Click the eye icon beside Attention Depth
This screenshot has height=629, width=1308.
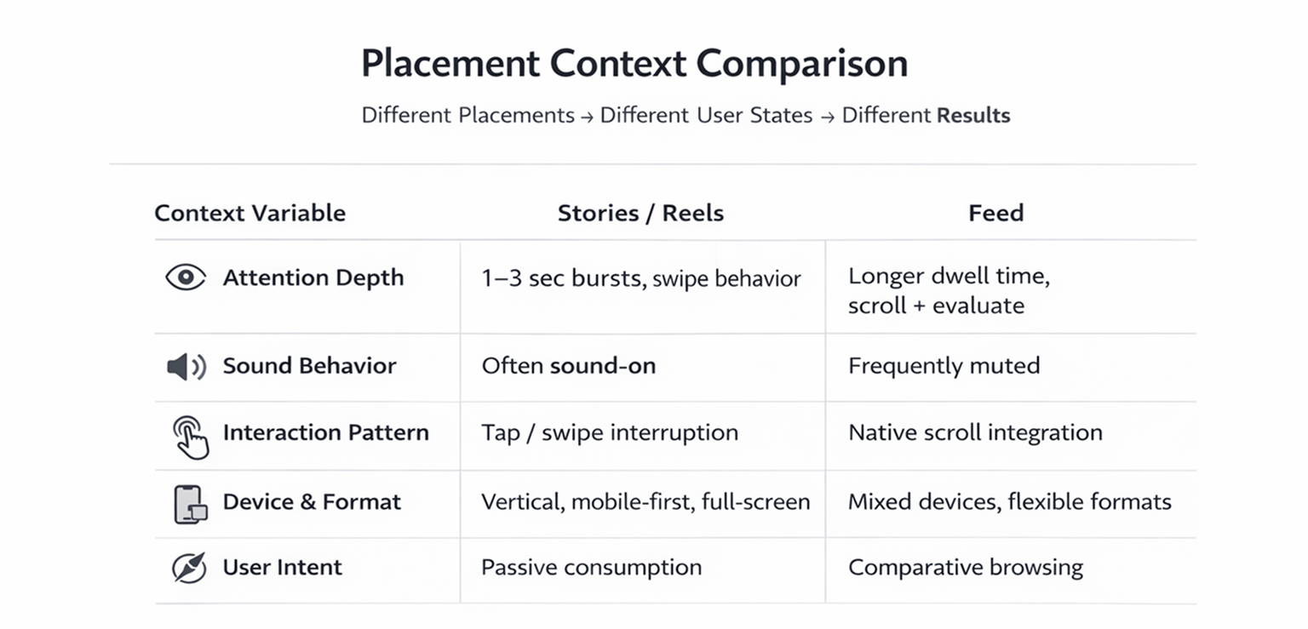[186, 277]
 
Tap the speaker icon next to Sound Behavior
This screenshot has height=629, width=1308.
[186, 367]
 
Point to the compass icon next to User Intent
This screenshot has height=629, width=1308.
[189, 568]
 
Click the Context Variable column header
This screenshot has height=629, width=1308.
[250, 213]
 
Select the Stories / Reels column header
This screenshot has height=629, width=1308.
[640, 213]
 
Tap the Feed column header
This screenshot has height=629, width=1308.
[995, 213]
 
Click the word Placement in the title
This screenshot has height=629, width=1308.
[450, 65]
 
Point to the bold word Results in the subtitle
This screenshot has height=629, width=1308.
[973, 116]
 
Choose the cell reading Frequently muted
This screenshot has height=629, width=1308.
[944, 366]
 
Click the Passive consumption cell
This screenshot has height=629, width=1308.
[591, 568]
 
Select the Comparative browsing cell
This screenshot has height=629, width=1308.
[965, 568]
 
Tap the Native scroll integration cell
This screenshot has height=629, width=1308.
[975, 432]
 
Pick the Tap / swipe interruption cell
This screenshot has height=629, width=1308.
[610, 432]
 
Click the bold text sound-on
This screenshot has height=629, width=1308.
[603, 366]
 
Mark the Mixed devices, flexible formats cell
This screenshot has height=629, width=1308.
[1009, 502]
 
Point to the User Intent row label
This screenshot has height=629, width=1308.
[282, 568]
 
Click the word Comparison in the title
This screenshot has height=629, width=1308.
[801, 65]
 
